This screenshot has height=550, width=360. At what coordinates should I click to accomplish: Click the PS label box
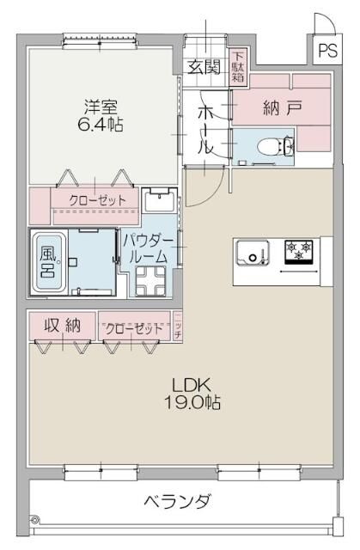pyautogui.click(x=328, y=50)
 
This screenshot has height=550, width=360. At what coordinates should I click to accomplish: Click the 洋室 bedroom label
pyautogui.click(x=101, y=107)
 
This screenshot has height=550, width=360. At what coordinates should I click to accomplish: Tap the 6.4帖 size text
pyautogui.click(x=101, y=125)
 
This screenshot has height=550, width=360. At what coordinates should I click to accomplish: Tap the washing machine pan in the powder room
pyautogui.click(x=150, y=279)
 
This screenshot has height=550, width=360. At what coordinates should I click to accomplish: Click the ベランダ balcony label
pyautogui.click(x=177, y=501)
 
